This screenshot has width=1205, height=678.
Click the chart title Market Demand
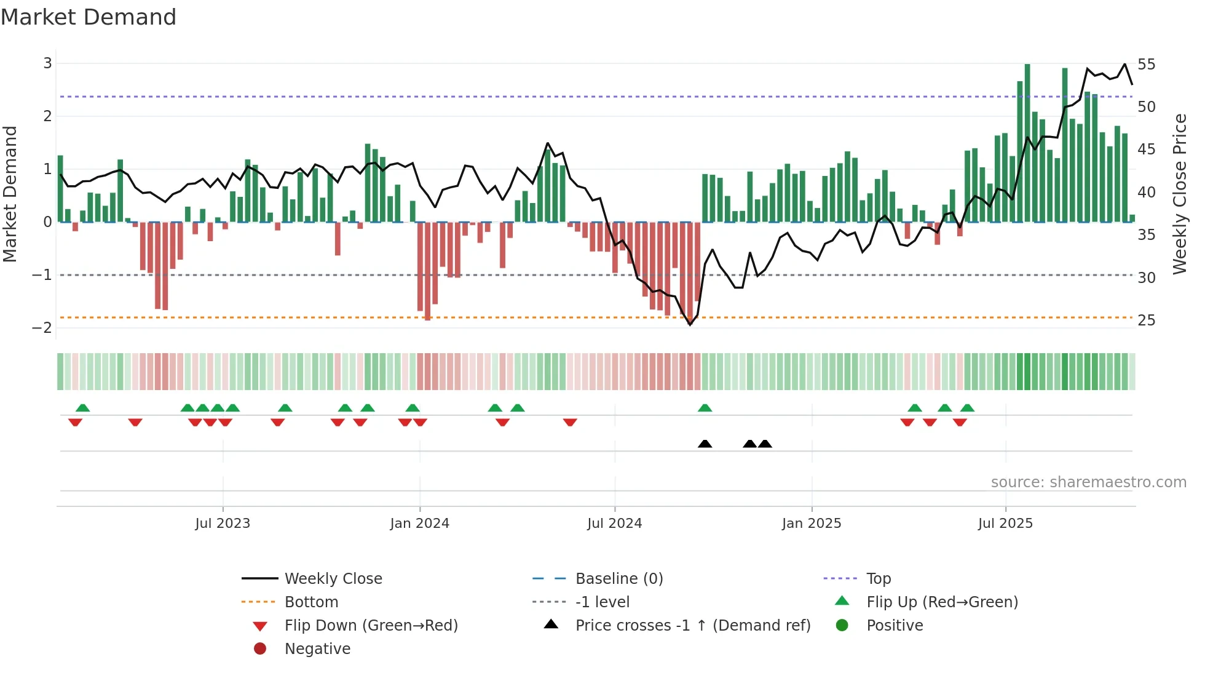[89, 17]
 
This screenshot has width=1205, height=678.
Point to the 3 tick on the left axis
[47, 63]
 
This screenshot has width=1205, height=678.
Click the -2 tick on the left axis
[42, 328]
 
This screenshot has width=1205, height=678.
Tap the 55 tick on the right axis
[1146, 65]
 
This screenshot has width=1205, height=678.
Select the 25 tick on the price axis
[1146, 321]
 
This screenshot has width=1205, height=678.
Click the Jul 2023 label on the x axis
[223, 524]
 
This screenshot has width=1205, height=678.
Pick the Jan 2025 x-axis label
[812, 524]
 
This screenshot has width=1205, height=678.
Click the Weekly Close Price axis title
[1179, 194]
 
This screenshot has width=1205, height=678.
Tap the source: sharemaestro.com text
[1088, 482]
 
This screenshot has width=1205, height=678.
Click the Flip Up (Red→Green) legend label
[942, 602]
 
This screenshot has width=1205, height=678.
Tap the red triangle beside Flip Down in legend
[260, 626]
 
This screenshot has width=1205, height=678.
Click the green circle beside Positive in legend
[842, 626]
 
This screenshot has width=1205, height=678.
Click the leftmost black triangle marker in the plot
[705, 444]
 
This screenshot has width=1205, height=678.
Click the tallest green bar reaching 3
[1027, 143]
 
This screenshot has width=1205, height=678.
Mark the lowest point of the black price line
[690, 324]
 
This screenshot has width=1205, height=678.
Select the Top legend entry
[879, 579]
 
